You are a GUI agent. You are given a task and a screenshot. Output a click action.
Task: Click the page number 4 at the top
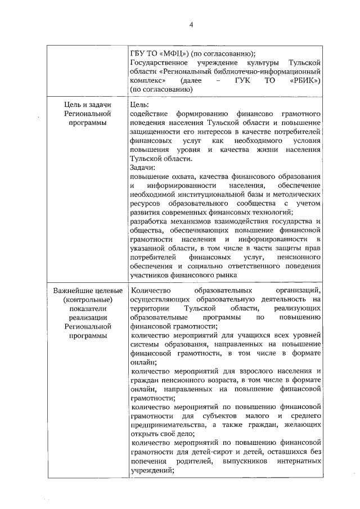pyautogui.click(x=191, y=25)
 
